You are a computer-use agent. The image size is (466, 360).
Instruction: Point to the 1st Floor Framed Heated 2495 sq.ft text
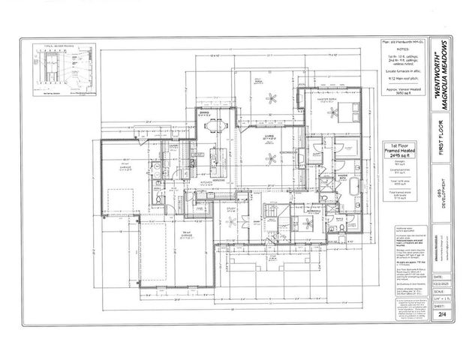point(400,150)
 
